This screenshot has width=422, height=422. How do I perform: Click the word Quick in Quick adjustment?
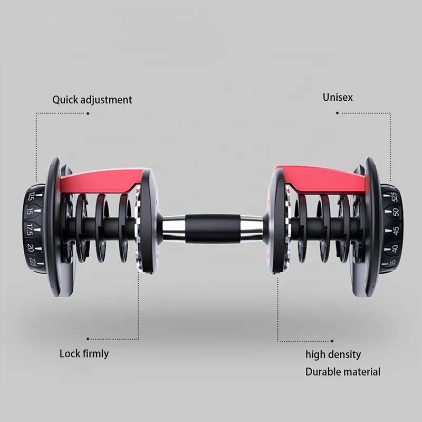[x=65, y=100]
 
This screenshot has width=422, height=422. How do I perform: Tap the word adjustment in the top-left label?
[x=105, y=100]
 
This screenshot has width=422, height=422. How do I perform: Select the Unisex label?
[x=338, y=97]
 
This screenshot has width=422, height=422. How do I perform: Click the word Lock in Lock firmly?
[x=70, y=353]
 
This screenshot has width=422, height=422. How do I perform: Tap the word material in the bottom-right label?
[x=362, y=371]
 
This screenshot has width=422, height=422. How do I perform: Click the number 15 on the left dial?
[x=29, y=212]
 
